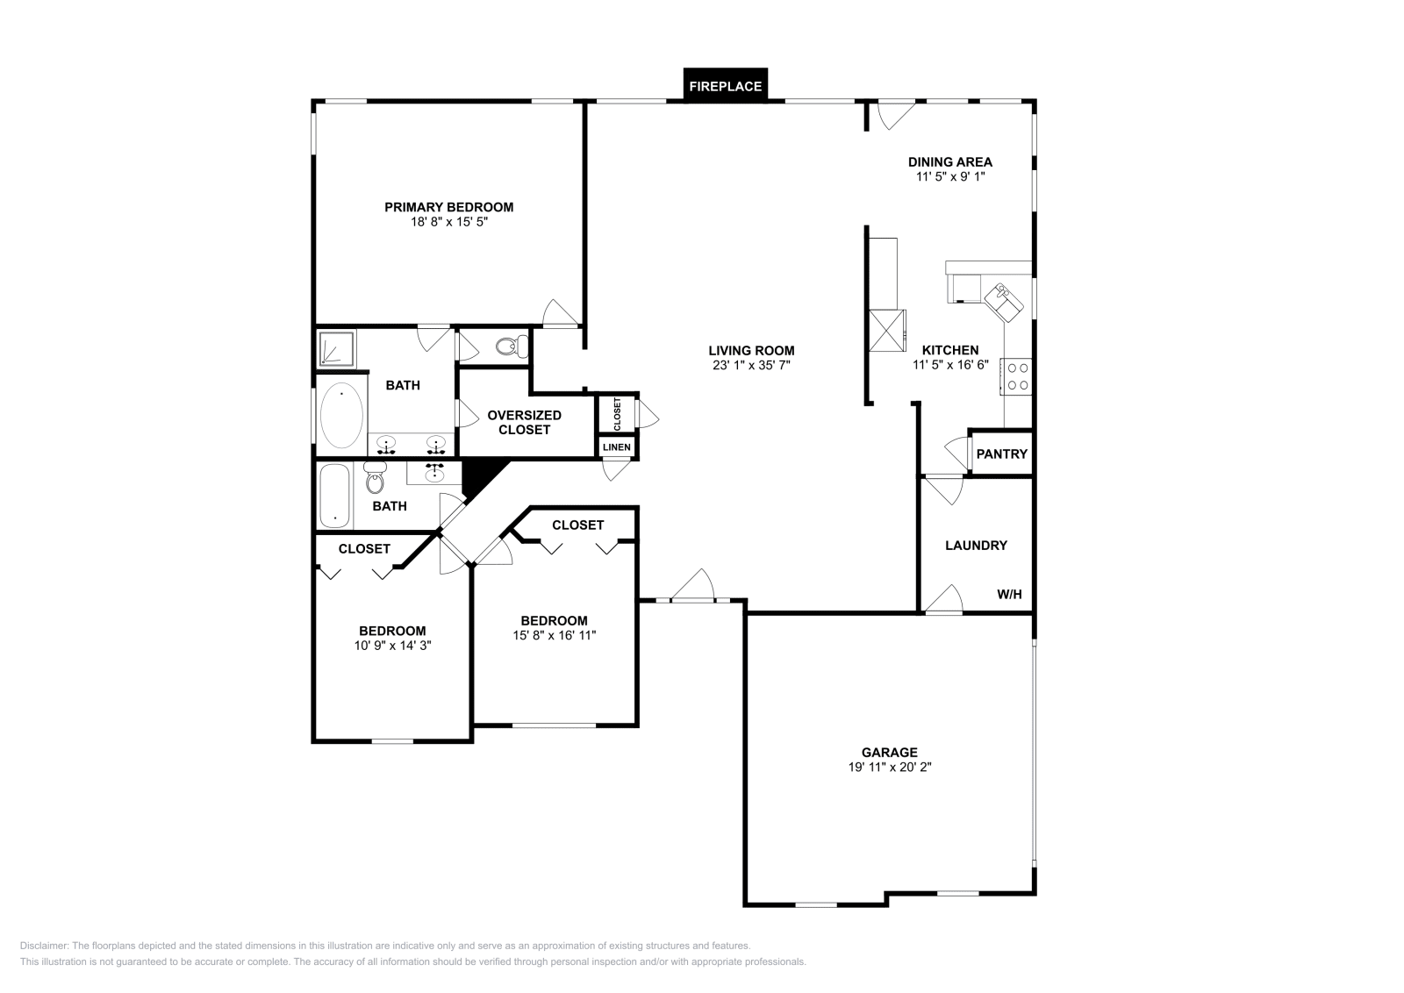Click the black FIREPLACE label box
coord(725,86)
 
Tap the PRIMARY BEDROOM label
coord(448,207)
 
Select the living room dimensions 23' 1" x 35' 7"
coord(751,365)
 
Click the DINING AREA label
coord(949,161)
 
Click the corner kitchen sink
coord(1004,300)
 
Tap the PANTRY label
coord(1001,454)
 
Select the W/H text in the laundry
coord(1009,594)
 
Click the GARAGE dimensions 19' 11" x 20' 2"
coord(889,767)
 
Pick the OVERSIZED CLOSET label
coord(524,422)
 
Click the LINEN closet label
coord(616,447)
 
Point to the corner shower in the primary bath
coord(335,347)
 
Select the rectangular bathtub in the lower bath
coord(334,496)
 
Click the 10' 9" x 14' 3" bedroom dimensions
coord(391,645)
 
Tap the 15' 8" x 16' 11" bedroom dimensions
coord(554,635)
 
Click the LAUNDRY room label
coord(975,545)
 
